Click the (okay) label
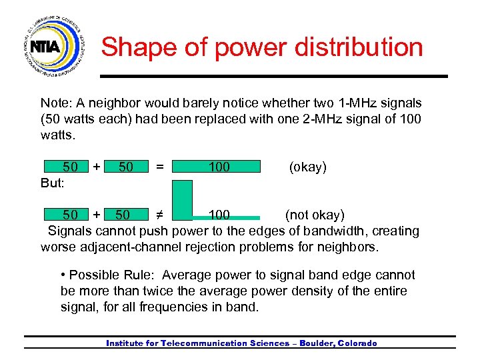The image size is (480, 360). point(307,167)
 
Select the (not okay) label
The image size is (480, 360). point(315,215)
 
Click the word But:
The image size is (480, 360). point(53,183)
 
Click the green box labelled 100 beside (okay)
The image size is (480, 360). point(217,167)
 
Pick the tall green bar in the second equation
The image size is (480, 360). point(182,199)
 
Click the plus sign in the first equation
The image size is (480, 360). point(97,167)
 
